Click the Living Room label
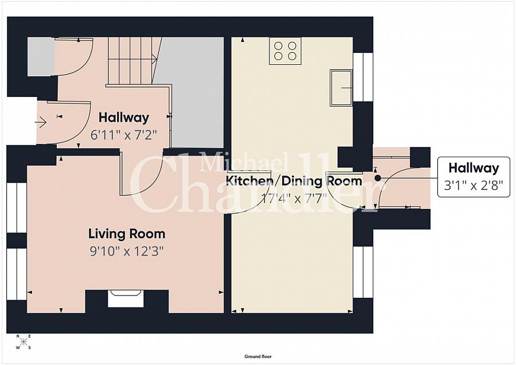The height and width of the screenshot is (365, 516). tap(127, 234)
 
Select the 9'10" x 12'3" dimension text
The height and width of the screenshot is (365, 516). tap(127, 252)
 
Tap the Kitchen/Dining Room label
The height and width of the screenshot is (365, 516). tap(294, 181)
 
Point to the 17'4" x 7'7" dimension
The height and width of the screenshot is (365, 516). tap(294, 199)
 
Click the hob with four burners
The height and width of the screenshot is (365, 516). tap(286, 51)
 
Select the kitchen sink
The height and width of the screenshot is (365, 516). tap(341, 88)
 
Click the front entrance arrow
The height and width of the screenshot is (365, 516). tap(41, 123)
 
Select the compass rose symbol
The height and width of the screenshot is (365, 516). tap(24, 341)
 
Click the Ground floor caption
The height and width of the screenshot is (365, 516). tap(258, 356)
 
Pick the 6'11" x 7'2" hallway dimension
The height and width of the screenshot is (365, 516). tap(124, 135)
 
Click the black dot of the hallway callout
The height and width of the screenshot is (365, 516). tap(378, 178)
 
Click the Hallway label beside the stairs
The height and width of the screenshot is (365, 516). tap(124, 118)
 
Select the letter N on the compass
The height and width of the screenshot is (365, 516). tap(18, 336)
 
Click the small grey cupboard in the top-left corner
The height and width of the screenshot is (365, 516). tap(41, 57)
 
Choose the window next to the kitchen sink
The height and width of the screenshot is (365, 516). tap(363, 77)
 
